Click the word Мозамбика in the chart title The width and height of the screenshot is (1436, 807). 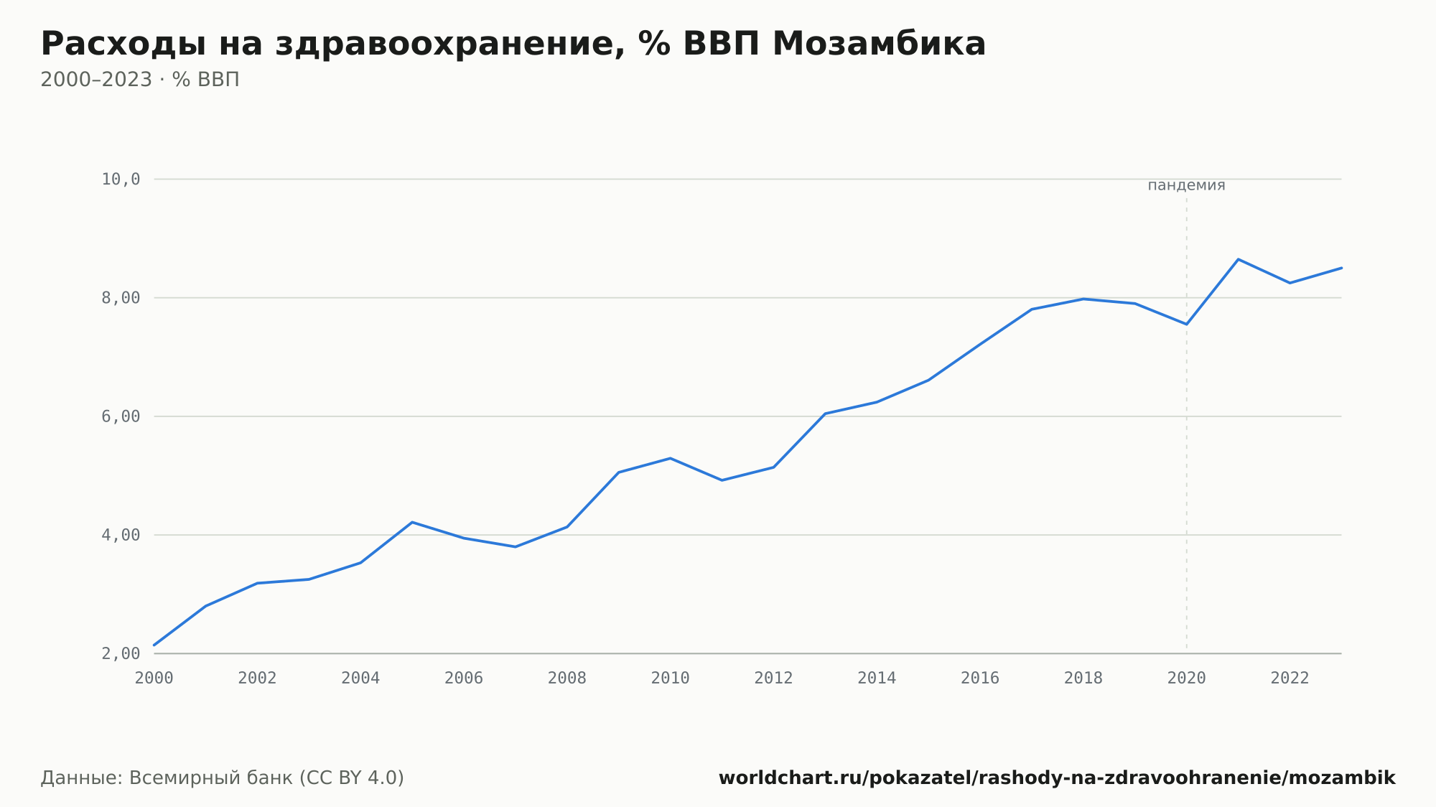tap(879, 44)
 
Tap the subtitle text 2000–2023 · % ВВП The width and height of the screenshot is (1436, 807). tap(140, 80)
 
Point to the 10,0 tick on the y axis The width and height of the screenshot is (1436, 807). tap(121, 179)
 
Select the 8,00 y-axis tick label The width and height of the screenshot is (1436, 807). tap(121, 298)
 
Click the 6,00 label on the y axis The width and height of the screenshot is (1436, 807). tap(121, 416)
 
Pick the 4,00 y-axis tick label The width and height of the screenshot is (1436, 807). tap(121, 535)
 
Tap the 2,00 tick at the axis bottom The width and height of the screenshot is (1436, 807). tap(121, 653)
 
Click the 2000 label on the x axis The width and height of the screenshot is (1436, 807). tap(154, 678)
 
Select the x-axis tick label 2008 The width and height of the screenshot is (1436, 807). tap(567, 678)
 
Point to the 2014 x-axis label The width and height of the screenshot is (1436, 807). tap(877, 678)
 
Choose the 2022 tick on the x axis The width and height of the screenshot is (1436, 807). tap(1290, 678)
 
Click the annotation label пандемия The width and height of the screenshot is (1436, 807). tap(1186, 185)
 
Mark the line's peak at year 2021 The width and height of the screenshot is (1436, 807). tap(1238, 259)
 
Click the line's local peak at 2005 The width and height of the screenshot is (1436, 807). tap(412, 522)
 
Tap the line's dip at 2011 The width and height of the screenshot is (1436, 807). tap(722, 480)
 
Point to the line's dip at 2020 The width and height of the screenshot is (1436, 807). tap(1186, 324)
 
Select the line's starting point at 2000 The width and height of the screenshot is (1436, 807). tap(154, 645)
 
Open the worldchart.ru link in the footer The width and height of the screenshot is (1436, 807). tap(1057, 778)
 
